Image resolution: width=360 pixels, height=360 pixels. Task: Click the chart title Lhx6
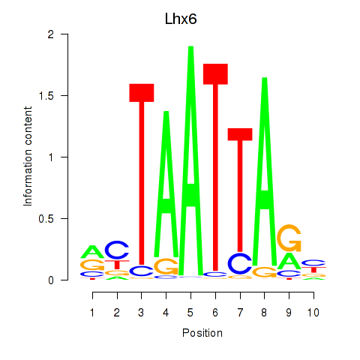(181, 19)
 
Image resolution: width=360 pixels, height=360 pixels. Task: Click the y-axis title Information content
(28, 157)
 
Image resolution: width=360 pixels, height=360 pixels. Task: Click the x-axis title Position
(202, 333)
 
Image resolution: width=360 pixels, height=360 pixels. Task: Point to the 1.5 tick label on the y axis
(47, 95)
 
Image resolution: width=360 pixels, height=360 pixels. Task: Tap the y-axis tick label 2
(51, 34)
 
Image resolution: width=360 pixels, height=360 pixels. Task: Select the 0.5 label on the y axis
(46, 219)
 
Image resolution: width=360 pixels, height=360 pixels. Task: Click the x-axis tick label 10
(313, 313)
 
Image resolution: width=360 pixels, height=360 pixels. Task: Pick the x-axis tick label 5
(190, 313)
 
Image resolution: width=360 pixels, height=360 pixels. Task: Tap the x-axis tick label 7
(240, 313)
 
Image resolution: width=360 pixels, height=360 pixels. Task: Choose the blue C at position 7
(240, 263)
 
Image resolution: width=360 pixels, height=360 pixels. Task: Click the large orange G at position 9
(289, 238)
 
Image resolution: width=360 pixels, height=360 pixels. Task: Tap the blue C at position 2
(117, 250)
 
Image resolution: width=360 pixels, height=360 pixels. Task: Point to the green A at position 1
(92, 252)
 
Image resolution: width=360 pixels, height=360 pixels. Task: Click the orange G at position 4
(166, 266)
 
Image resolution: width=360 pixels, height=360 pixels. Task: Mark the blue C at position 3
(142, 271)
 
